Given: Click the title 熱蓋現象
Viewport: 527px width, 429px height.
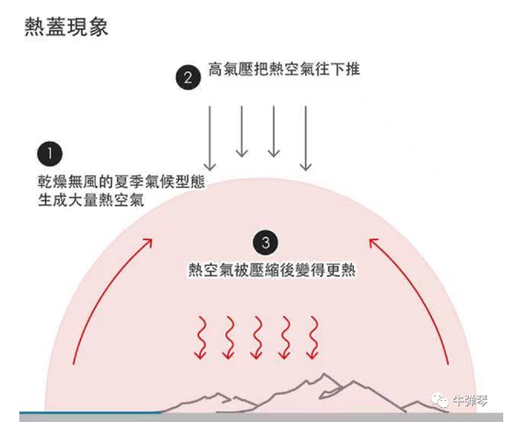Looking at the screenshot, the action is click(x=67, y=26).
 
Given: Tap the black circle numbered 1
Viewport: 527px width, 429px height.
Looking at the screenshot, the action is click(x=50, y=154).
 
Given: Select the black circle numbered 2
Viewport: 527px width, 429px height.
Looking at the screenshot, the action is click(x=188, y=78).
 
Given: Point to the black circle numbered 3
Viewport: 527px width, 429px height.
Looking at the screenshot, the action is click(x=266, y=242).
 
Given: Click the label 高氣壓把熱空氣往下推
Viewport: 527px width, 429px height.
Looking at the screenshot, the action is click(x=284, y=70).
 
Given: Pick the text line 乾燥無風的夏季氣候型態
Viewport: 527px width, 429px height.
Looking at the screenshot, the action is click(x=121, y=182).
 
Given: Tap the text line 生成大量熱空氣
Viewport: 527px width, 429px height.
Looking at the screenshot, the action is click(x=91, y=200).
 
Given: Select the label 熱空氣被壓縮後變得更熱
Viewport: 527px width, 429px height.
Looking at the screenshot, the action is click(x=272, y=270).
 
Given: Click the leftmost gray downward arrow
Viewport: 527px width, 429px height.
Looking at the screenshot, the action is click(x=210, y=138).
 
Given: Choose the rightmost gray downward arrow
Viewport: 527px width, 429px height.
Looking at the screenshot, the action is click(x=305, y=138).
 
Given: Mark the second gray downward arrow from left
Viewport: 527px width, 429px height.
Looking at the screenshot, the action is click(x=242, y=131).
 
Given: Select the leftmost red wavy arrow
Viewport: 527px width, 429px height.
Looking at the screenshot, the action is click(x=201, y=337).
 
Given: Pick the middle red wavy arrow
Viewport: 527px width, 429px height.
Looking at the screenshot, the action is click(x=257, y=337).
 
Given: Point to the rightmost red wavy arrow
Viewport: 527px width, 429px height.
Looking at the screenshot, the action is click(x=313, y=337).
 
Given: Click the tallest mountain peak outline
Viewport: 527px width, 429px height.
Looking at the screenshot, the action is click(x=324, y=374).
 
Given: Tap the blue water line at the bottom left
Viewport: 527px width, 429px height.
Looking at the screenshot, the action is click(x=90, y=412).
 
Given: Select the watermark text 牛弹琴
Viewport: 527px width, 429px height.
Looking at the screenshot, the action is click(x=470, y=401).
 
